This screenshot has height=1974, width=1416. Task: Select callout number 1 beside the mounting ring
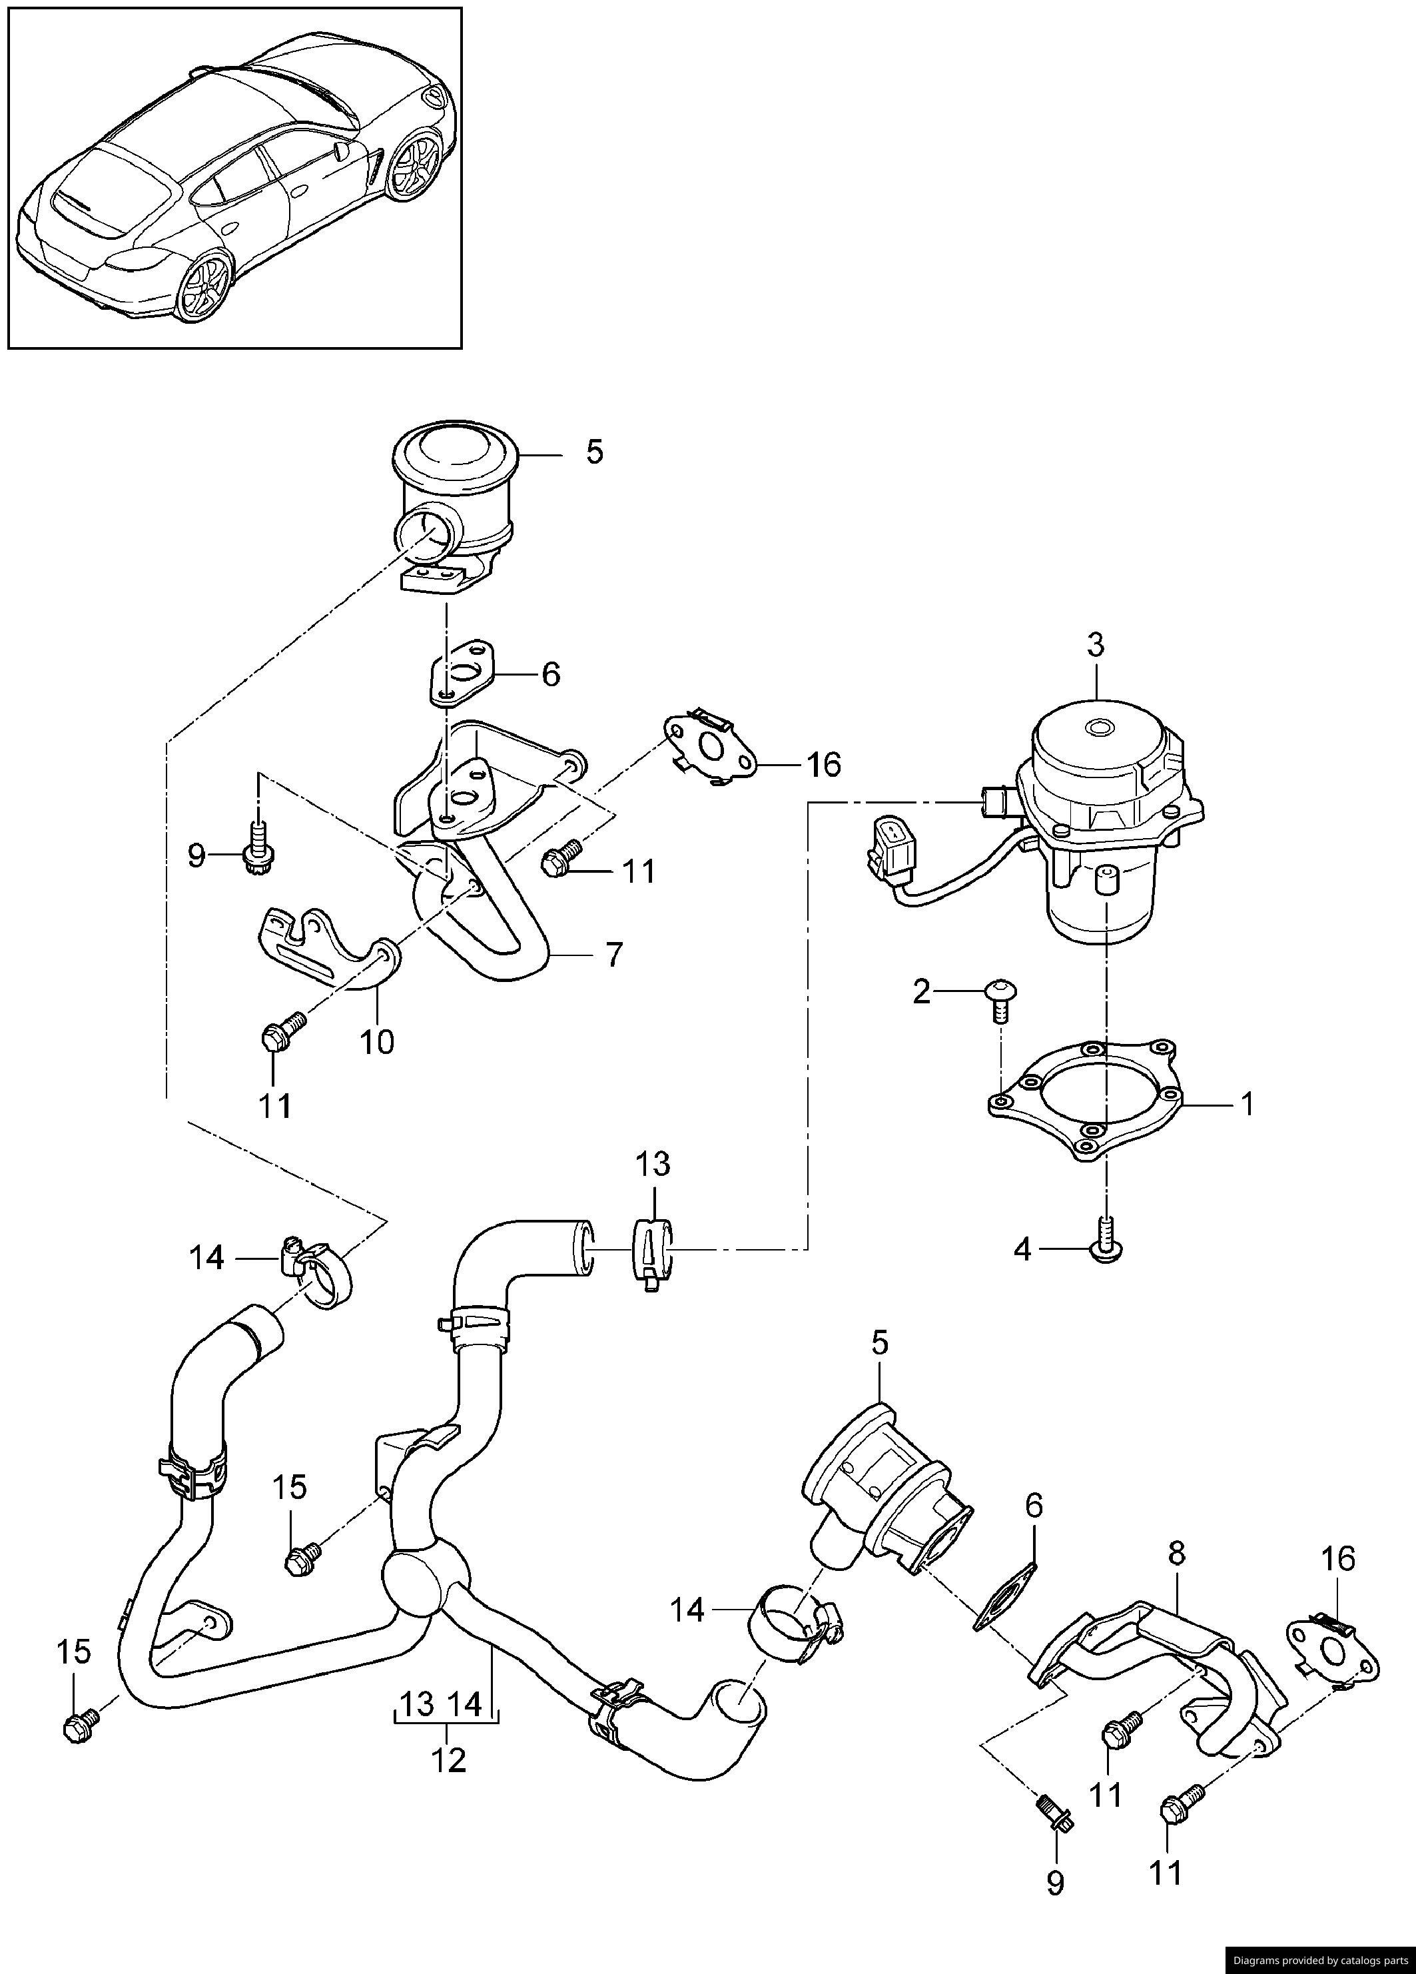(x=1247, y=1105)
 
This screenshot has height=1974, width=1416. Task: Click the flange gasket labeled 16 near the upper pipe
(x=710, y=746)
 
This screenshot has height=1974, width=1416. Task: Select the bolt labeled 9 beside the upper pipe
(x=258, y=847)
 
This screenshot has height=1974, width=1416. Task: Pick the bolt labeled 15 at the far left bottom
(x=79, y=1729)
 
